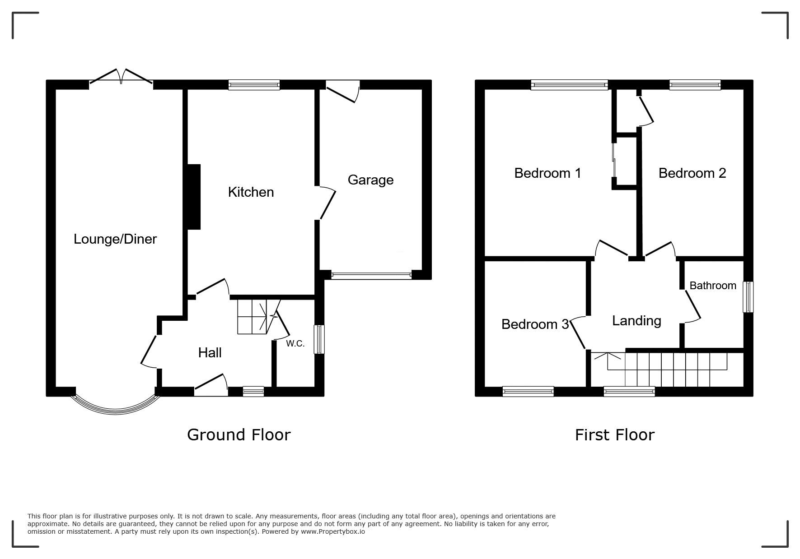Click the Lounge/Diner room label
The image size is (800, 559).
[x=115, y=239]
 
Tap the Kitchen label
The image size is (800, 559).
[x=251, y=192]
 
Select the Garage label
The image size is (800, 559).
[x=370, y=180]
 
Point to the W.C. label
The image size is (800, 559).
[x=295, y=344]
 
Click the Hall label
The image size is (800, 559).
[x=210, y=353]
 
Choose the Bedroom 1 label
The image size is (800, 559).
[x=547, y=173]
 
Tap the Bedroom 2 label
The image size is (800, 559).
[x=692, y=173]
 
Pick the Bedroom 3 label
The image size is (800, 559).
[x=535, y=324]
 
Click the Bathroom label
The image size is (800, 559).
[x=713, y=286]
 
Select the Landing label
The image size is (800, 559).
[x=636, y=321]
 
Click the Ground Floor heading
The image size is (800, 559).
[x=239, y=435]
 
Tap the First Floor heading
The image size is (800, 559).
[x=614, y=435]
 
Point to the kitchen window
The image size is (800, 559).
[x=254, y=85]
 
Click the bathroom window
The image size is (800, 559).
[x=749, y=297]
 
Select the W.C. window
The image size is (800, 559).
[x=319, y=339]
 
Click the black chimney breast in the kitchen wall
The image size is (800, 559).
[x=193, y=197]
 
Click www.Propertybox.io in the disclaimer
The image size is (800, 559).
[x=333, y=531]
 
